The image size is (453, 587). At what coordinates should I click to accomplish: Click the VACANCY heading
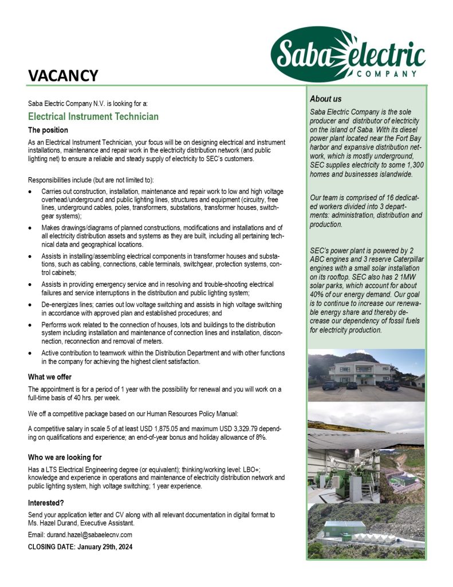pos(63,75)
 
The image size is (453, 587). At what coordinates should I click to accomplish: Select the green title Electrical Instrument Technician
pos(93,117)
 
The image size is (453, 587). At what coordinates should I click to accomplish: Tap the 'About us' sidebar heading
pos(325,99)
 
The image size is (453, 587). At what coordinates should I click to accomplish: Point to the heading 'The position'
pos(48,130)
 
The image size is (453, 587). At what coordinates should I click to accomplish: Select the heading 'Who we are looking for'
pos(65,457)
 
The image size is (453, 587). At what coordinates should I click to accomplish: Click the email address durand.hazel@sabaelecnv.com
pos(90,535)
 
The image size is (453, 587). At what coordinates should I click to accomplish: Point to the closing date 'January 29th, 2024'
pos(107,546)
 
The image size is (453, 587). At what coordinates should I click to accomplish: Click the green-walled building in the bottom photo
pos(344,531)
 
